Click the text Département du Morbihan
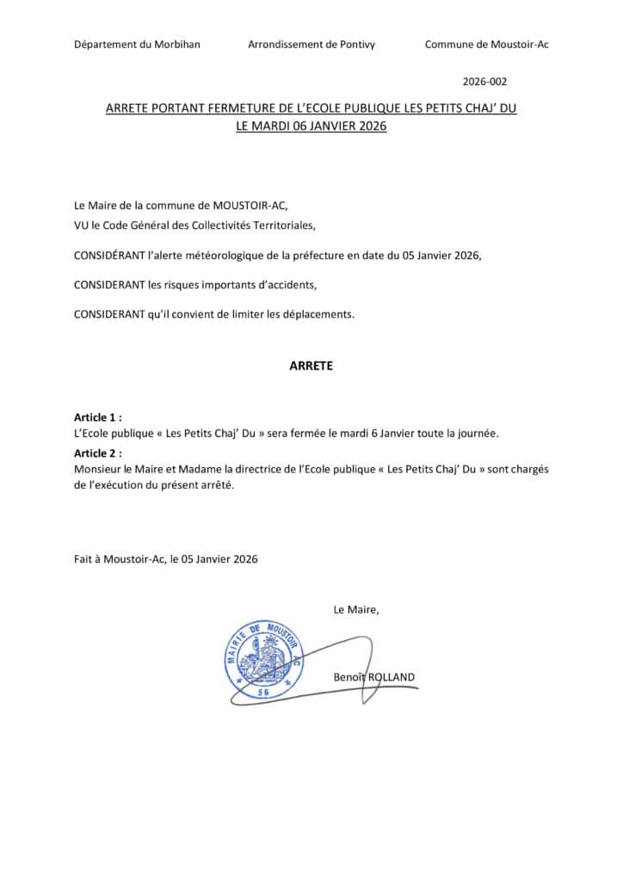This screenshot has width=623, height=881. coord(137,45)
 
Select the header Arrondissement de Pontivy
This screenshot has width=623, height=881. coord(311,45)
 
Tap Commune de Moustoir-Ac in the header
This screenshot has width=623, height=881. coord(486,45)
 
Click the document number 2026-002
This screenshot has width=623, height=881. coord(484,83)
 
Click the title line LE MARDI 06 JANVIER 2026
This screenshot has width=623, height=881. coord(311,126)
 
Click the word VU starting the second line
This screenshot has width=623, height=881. coord(82,225)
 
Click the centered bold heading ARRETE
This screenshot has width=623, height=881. coord(311,366)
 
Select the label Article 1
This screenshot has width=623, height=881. coord(97,417)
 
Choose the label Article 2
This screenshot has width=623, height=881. coord(97,453)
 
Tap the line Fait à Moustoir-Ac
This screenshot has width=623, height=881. coord(165,558)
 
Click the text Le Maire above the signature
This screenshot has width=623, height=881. coord(355,610)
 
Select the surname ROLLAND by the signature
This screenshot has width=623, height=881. coord(392,677)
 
